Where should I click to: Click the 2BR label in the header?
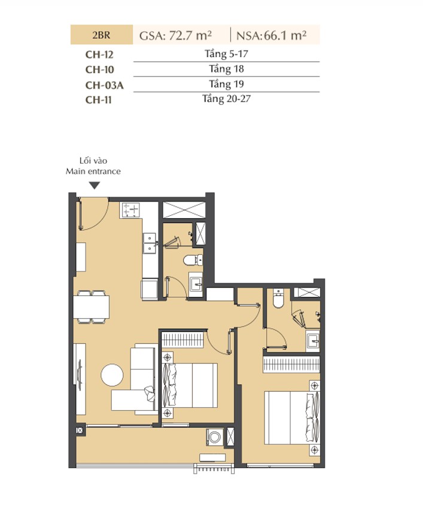(101, 35)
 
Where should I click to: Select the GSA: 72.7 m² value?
(176, 35)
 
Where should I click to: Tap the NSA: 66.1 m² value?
(272, 35)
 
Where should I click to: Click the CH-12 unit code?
(99, 54)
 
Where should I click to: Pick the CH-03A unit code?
(105, 85)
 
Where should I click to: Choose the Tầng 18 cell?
(227, 69)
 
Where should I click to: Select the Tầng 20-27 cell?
(227, 99)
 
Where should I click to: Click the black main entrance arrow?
(95, 186)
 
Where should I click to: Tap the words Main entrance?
(93, 172)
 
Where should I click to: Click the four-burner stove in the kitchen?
(131, 210)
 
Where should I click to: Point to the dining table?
(91, 307)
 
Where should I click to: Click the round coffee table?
(112, 375)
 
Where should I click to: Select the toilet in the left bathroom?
(193, 260)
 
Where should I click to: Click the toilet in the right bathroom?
(279, 299)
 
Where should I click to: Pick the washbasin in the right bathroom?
(313, 341)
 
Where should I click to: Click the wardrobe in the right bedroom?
(291, 364)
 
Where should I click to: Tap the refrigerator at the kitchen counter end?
(150, 290)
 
